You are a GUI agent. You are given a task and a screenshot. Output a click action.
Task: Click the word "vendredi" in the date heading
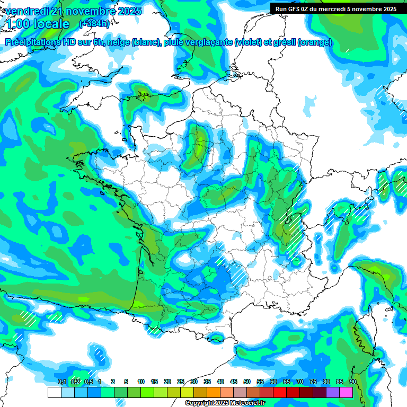pos(26,11)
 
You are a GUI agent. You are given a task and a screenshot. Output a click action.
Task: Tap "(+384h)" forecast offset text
pos(94,24)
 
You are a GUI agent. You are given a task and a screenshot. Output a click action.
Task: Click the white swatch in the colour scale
pos(54,393)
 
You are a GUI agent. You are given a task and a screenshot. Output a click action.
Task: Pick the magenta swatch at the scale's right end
pos(346,393)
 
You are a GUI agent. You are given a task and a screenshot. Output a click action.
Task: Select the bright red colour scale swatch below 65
pos(293,393)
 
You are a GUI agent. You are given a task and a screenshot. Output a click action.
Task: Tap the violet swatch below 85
pos(333,393)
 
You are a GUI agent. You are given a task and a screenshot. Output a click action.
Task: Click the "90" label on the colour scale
pos(352,382)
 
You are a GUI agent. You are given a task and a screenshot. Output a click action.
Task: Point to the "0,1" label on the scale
pos(62,382)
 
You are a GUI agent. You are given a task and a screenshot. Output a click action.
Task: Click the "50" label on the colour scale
pos(247,382)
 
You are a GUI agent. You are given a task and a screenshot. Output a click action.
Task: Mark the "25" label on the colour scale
pos(181,382)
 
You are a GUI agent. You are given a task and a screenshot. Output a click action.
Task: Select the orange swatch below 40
pos(214,393)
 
